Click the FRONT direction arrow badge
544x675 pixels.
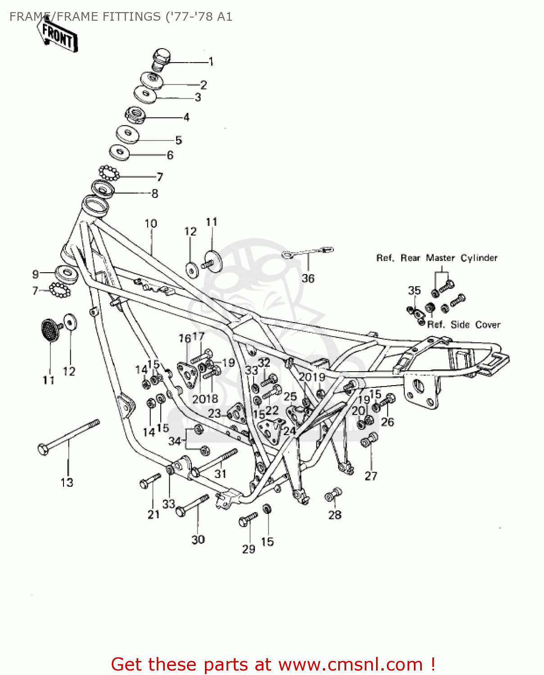58,35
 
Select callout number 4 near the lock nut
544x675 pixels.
186,117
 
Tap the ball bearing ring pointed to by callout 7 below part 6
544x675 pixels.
109,172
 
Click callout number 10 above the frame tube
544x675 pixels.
150,224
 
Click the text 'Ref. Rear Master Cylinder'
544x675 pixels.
436,258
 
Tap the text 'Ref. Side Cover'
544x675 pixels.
463,324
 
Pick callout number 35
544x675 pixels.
414,290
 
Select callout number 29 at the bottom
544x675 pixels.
249,549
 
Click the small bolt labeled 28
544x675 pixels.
333,495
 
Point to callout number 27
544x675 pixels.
371,476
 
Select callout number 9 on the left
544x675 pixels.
36,274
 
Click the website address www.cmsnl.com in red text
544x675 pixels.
350,664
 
